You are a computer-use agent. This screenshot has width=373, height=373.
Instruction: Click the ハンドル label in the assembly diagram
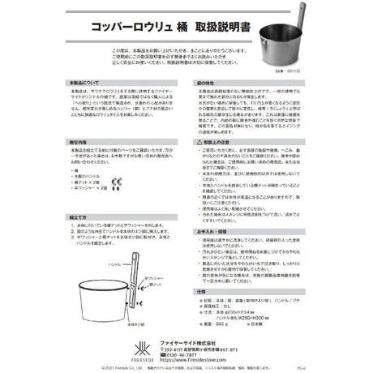click(114, 264)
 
